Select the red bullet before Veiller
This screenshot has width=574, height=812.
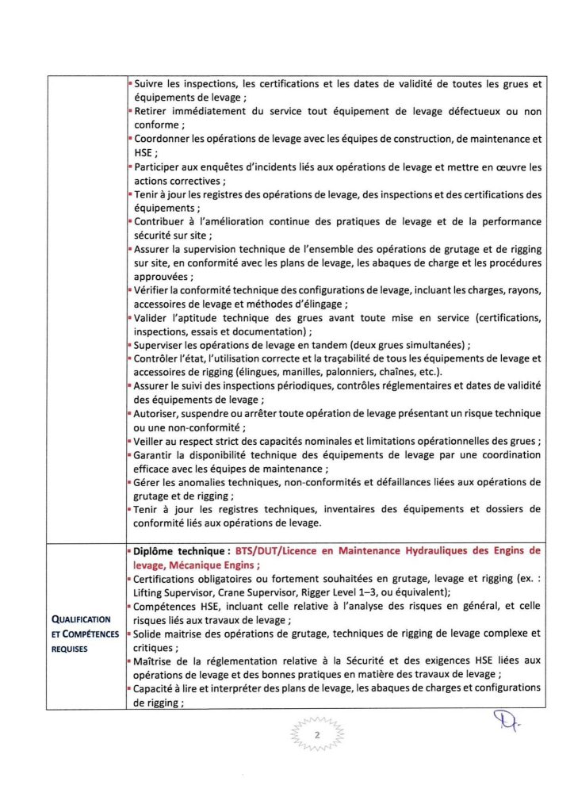[130, 442]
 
